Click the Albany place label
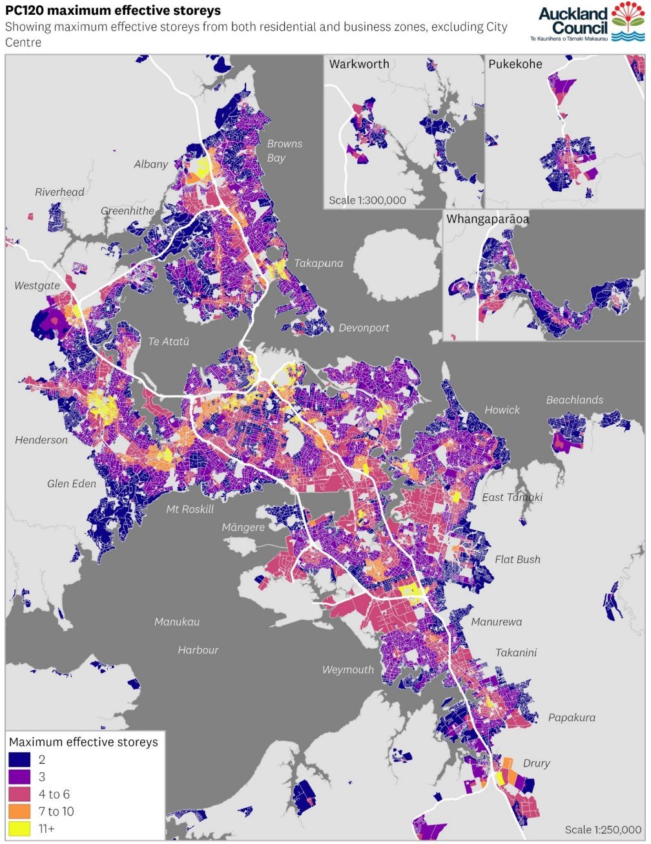[151, 164]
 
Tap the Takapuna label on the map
[318, 263]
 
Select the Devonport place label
[364, 328]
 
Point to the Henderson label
[41, 440]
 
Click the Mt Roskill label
[190, 509]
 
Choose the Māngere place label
[243, 527]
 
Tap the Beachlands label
[575, 400]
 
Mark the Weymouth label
[348, 670]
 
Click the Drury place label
[537, 763]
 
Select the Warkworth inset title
[359, 64]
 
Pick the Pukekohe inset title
[515, 64]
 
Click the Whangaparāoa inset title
[488, 219]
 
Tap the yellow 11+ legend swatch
[19, 828]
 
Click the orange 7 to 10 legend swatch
[19, 811]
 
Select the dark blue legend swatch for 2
[19, 760]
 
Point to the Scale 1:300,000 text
[367, 200]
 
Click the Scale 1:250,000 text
[603, 830]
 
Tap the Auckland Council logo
[591, 22]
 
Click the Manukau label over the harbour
[177, 622]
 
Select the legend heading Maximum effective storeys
[83, 742]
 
